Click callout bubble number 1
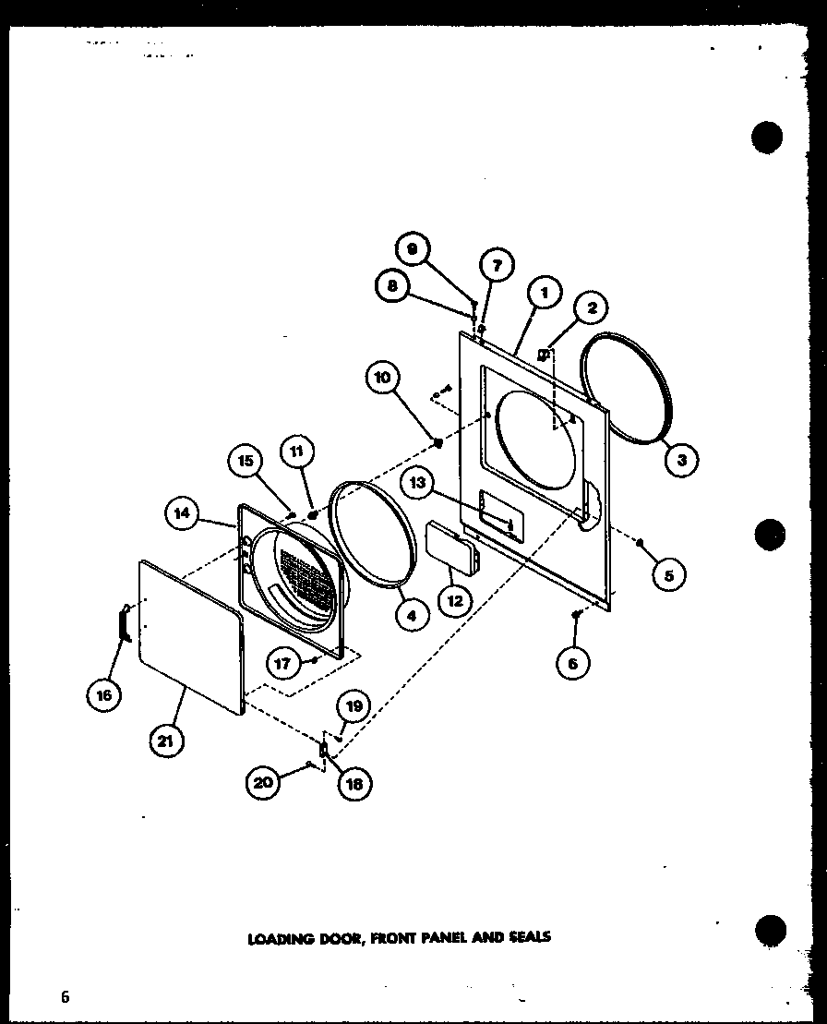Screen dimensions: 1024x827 tap(545, 293)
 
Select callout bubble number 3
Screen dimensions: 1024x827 tap(681, 460)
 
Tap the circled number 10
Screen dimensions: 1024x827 tap(383, 377)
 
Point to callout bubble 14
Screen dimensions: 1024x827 tap(183, 515)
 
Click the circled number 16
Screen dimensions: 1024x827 tap(104, 694)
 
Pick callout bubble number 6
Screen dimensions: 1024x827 tap(573, 662)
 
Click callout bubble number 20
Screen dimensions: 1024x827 tap(262, 783)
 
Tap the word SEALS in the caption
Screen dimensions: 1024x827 tap(530, 936)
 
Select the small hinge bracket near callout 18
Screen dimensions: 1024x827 tap(324, 751)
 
